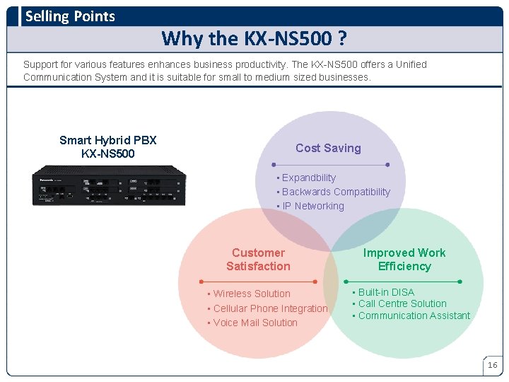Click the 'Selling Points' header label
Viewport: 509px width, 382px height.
[70, 16]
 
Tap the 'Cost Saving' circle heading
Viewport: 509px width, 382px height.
[328, 148]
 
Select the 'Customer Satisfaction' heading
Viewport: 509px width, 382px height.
[258, 260]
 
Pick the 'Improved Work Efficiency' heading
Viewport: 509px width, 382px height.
[404, 260]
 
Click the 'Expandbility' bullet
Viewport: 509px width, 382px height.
[308, 178]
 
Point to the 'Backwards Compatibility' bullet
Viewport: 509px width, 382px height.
[336, 192]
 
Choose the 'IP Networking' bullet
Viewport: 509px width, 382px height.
[312, 206]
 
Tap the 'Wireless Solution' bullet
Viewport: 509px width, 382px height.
[251, 294]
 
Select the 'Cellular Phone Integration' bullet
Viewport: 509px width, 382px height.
[269, 308]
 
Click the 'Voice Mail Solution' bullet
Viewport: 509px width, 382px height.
[255, 323]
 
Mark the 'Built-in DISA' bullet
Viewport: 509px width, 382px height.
[386, 292]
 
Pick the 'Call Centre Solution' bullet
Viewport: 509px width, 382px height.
[402, 303]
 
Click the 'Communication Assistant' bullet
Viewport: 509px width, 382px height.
[414, 316]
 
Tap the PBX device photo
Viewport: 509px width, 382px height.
[109, 185]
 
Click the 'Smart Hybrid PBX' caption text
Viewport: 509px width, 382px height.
[108, 140]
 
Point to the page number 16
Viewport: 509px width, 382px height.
[492, 365]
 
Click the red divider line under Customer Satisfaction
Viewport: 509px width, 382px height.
[258, 282]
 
